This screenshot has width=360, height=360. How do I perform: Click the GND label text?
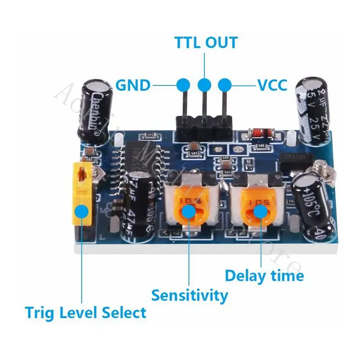click(132, 85)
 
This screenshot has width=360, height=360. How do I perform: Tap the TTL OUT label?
click(206, 42)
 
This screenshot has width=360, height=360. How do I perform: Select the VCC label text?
click(272, 85)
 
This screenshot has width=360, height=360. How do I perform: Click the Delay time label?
click(264, 275)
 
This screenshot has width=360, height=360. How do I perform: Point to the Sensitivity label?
click(189, 296)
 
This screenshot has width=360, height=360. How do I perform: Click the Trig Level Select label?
click(85, 312)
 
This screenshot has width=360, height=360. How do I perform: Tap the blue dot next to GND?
click(183, 84)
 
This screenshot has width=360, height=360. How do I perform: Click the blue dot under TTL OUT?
click(204, 84)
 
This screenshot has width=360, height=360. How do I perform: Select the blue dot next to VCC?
click(225, 84)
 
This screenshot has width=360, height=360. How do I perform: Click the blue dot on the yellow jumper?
click(81, 211)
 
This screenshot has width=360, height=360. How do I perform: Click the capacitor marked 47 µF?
click(139, 202)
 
